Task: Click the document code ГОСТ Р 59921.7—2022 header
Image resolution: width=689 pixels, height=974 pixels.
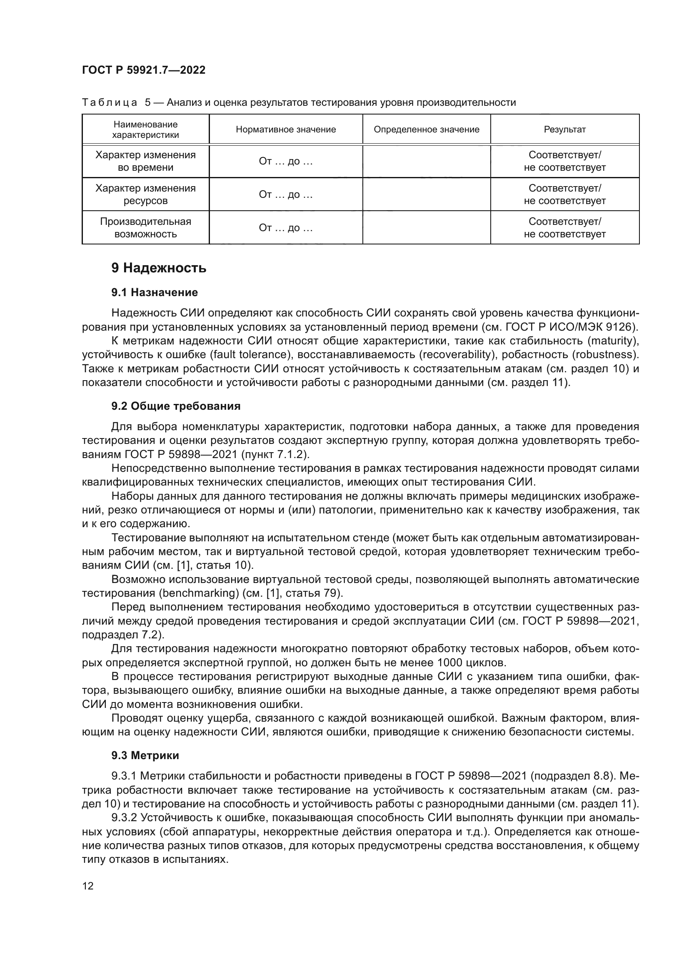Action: coord(143,70)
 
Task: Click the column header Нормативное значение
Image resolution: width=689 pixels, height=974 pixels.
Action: coord(285,130)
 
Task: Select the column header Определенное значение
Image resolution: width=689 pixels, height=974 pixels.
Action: coord(427,130)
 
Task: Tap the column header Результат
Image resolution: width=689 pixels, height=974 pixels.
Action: coord(565,130)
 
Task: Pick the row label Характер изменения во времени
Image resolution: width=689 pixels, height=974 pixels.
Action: coord(145,161)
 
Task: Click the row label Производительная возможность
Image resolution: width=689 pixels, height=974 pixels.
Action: coord(145,228)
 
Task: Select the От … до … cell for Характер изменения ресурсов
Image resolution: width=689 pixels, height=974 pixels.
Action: coord(285,195)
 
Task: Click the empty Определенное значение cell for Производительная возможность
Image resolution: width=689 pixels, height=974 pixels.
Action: coord(427,228)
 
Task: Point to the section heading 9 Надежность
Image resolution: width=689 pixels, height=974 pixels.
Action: coord(159,268)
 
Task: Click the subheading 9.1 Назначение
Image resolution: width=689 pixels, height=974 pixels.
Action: coord(155,292)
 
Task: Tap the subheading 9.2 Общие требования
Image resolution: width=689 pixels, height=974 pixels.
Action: coord(176,406)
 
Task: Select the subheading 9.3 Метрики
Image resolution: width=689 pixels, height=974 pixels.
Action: coord(145,755)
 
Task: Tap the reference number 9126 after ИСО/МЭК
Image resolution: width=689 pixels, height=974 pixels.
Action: coord(618,327)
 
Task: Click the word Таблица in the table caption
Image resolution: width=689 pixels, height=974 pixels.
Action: coord(110,103)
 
